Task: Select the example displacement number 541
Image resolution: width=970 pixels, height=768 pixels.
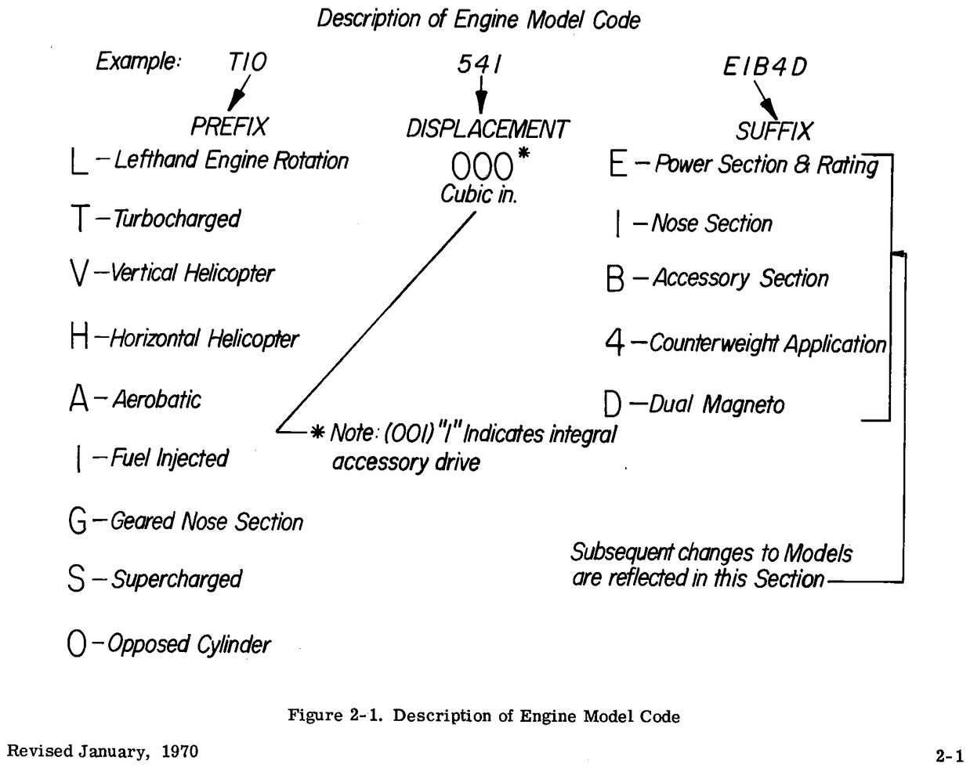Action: (x=479, y=65)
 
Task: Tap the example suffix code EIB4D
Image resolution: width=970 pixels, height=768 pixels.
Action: (x=765, y=67)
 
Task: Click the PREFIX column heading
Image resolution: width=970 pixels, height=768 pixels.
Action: (x=229, y=126)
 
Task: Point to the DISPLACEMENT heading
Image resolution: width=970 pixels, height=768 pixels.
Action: (x=487, y=129)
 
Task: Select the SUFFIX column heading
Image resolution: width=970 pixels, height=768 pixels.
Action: (x=774, y=130)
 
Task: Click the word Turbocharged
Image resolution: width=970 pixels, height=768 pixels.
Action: (x=176, y=219)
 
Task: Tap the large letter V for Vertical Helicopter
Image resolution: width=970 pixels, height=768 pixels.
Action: (x=78, y=274)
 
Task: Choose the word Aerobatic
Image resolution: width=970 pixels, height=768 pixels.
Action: (x=157, y=400)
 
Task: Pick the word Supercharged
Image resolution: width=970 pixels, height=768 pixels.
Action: (x=176, y=580)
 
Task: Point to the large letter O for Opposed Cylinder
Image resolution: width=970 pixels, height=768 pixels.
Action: (x=76, y=645)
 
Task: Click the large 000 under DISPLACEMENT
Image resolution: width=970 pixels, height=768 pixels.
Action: (x=481, y=167)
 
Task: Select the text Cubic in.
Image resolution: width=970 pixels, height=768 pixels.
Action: (x=478, y=194)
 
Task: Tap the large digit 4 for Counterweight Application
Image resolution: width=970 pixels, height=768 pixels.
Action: (x=614, y=342)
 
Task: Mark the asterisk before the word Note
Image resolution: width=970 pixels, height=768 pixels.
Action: (x=317, y=433)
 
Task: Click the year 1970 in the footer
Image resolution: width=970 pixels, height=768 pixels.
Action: (x=179, y=752)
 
